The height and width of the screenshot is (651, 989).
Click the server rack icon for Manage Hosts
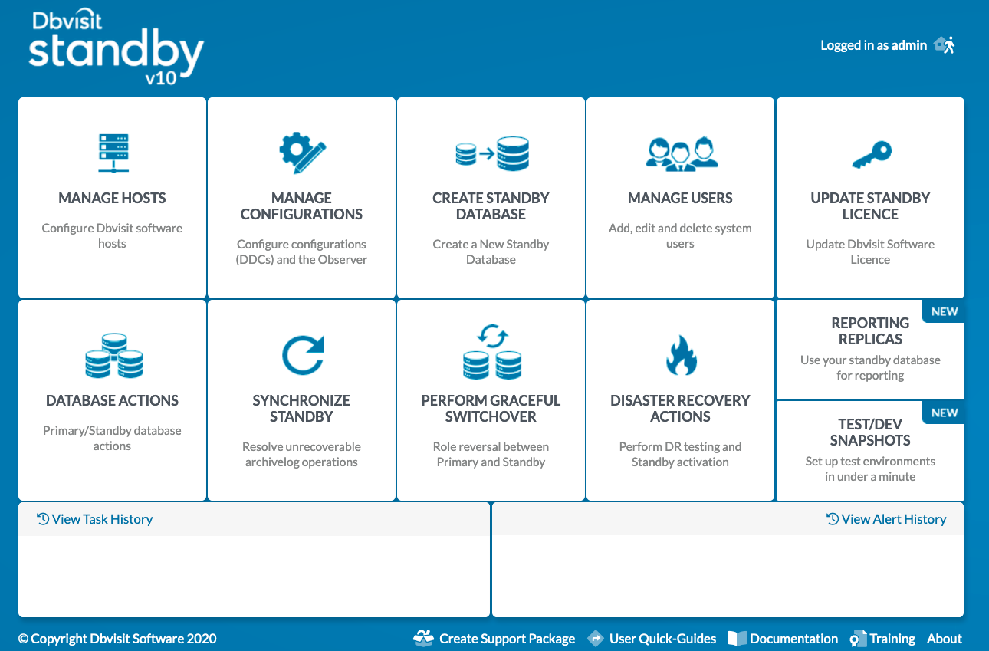coord(113,153)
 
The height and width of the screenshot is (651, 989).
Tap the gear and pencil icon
coord(302,152)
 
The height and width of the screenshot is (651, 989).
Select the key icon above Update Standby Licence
coord(872,155)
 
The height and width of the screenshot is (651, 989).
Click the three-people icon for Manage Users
coord(682,153)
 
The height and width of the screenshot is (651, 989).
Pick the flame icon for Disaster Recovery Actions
coord(682,355)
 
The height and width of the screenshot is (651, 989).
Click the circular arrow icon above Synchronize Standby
coord(303,355)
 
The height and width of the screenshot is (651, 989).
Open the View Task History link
coord(94,519)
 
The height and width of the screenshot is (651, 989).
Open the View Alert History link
coord(886,519)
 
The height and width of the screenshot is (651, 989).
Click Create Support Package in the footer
coord(494,638)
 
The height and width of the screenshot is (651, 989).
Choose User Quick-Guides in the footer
coord(652,638)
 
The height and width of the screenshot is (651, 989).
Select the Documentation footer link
coord(783,638)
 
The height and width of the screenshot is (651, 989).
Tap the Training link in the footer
coord(882,638)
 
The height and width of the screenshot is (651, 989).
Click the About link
coord(945,638)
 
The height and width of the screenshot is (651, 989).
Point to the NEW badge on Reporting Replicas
coord(945,312)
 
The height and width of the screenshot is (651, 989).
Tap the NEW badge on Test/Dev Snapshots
coord(945,413)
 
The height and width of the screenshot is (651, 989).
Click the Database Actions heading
coord(112,400)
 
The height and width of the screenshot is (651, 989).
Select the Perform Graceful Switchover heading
coord(491,408)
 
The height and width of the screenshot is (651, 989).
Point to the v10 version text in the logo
coord(161,79)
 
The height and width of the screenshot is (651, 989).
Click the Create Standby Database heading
coord(491,205)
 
